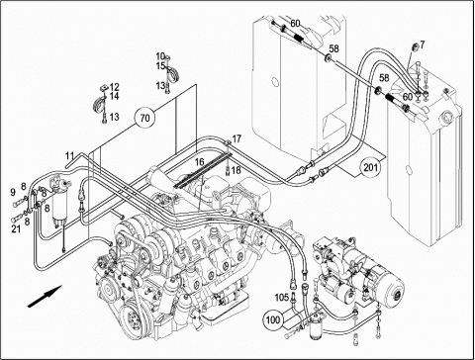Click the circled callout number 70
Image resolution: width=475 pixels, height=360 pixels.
click(145, 118)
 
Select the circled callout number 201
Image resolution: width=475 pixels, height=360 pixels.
click(370, 167)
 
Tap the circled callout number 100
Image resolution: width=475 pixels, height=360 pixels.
click(272, 319)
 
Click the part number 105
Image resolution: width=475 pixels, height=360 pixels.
click(282, 298)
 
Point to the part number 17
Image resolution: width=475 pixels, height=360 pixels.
click(237, 138)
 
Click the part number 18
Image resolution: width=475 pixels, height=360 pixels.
click(237, 170)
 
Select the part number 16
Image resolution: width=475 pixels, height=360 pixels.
click(199, 162)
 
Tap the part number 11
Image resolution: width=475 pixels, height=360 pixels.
click(69, 155)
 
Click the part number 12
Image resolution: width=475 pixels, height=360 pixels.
click(115, 87)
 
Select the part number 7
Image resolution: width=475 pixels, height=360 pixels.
click(423, 45)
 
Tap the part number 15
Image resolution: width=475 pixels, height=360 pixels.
click(160, 66)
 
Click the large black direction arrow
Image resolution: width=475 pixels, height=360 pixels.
click(45, 296)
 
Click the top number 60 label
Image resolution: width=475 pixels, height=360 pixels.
click(295, 24)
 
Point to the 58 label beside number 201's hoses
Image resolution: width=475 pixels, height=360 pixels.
click(384, 78)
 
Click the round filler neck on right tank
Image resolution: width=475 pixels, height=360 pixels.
click(448, 116)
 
